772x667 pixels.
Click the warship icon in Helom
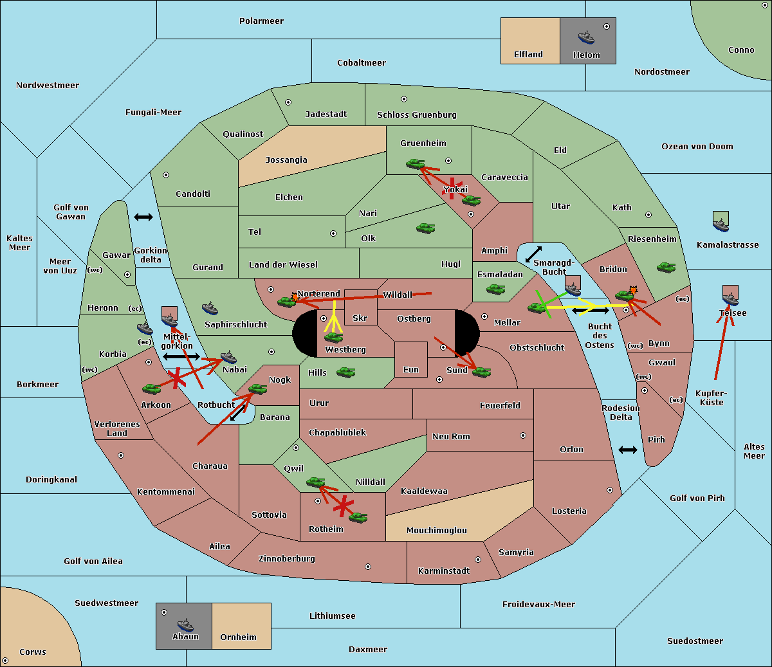(x=586, y=37)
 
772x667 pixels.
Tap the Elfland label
(x=528, y=55)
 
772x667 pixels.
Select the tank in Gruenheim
(x=416, y=163)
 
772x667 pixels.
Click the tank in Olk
(x=426, y=228)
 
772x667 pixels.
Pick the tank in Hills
(x=346, y=372)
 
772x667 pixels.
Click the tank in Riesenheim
(x=666, y=268)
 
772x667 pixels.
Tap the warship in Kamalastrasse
(x=721, y=224)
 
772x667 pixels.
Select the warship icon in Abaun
(x=186, y=625)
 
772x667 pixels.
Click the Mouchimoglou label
(x=437, y=530)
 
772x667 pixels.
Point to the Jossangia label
(x=286, y=160)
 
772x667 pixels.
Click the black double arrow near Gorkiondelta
(x=143, y=217)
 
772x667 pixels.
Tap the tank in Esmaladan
(x=495, y=289)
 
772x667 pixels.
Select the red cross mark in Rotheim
(x=344, y=506)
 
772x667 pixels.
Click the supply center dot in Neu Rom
(x=523, y=435)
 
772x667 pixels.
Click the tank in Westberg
(x=333, y=338)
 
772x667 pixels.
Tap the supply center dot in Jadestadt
(x=288, y=102)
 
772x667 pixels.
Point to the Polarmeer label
(x=261, y=21)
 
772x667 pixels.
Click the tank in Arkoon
(x=152, y=389)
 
